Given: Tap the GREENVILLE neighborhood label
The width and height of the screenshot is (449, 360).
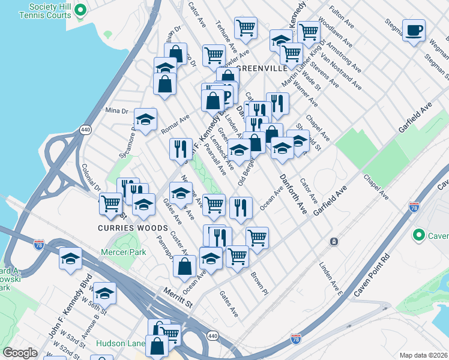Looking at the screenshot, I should click(262, 68).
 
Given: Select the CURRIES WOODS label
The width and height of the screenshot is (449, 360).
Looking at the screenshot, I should click(124, 228).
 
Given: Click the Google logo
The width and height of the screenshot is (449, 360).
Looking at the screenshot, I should click(20, 353).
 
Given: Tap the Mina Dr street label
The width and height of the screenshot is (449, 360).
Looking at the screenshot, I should click(117, 110).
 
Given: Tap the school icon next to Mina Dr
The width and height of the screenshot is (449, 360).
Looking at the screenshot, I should click(145, 121).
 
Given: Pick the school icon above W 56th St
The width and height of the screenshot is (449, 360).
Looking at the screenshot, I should click(104, 293).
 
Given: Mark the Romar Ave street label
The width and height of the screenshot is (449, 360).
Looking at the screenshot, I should click(175, 122).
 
